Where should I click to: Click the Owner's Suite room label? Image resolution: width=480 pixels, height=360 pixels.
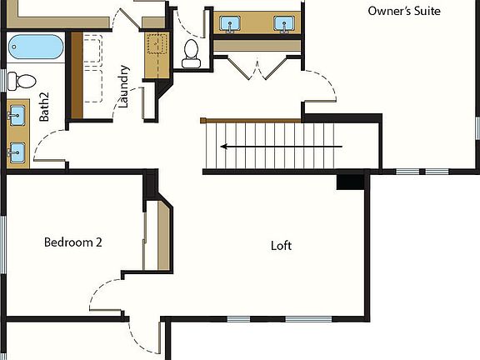(x=404, y=11)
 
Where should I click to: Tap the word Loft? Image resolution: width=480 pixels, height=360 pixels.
(x=282, y=246)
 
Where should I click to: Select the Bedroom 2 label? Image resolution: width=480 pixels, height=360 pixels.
(x=73, y=242)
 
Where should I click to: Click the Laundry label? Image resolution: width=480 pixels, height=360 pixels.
(x=124, y=87)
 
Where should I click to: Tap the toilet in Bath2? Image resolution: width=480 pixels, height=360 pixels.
(x=22, y=81)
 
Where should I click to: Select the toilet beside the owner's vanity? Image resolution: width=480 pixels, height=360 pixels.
(x=192, y=52)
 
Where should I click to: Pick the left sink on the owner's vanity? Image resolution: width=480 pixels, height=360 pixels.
(x=227, y=24)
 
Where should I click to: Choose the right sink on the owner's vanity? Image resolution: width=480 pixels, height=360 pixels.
(x=285, y=24)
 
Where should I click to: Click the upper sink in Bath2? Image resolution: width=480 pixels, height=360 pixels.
(x=17, y=116)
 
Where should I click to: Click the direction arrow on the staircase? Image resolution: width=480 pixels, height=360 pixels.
(x=281, y=147)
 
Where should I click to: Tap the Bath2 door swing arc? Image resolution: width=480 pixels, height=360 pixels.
(x=52, y=150)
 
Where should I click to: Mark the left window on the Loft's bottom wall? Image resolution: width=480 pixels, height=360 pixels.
(x=238, y=318)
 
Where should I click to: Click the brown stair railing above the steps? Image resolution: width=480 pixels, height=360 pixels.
(x=251, y=121)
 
